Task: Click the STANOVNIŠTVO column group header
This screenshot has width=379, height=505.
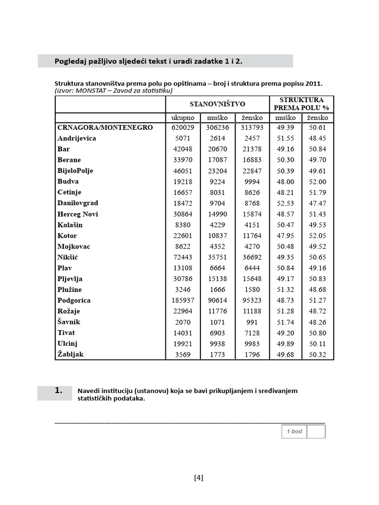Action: [217, 104]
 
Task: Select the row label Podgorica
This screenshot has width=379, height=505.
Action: [74, 300]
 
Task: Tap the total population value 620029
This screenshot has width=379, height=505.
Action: [183, 127]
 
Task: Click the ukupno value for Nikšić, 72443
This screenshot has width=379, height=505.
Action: [183, 257]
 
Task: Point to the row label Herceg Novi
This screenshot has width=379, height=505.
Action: [77, 214]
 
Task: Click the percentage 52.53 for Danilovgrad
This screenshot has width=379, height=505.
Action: [285, 203]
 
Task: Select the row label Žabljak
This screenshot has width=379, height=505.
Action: [71, 354]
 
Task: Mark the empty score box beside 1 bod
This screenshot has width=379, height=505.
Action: [316, 432]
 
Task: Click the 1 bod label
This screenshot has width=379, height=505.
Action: [294, 432]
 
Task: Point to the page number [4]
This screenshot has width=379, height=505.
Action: [199, 477]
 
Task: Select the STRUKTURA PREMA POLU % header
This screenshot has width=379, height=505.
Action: [302, 104]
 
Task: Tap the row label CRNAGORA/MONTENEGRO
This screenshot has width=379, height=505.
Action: [105, 127]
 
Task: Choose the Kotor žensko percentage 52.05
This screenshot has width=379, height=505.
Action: [317, 236]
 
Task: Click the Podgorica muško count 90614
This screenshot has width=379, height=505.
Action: [217, 300]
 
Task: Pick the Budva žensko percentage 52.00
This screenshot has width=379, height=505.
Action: [317, 181]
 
